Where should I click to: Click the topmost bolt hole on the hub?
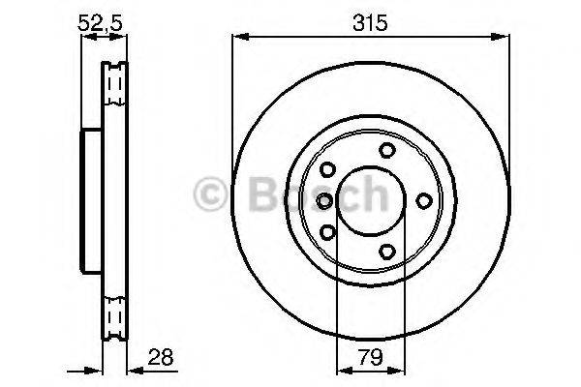pyautogui.click(x=387, y=149)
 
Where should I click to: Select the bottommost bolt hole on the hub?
pyautogui.click(x=387, y=252)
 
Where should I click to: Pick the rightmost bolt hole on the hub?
pyautogui.click(x=423, y=200)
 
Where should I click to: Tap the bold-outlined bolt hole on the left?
pyautogui.click(x=324, y=200)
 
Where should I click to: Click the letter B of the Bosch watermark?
pyautogui.click(x=252, y=196)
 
